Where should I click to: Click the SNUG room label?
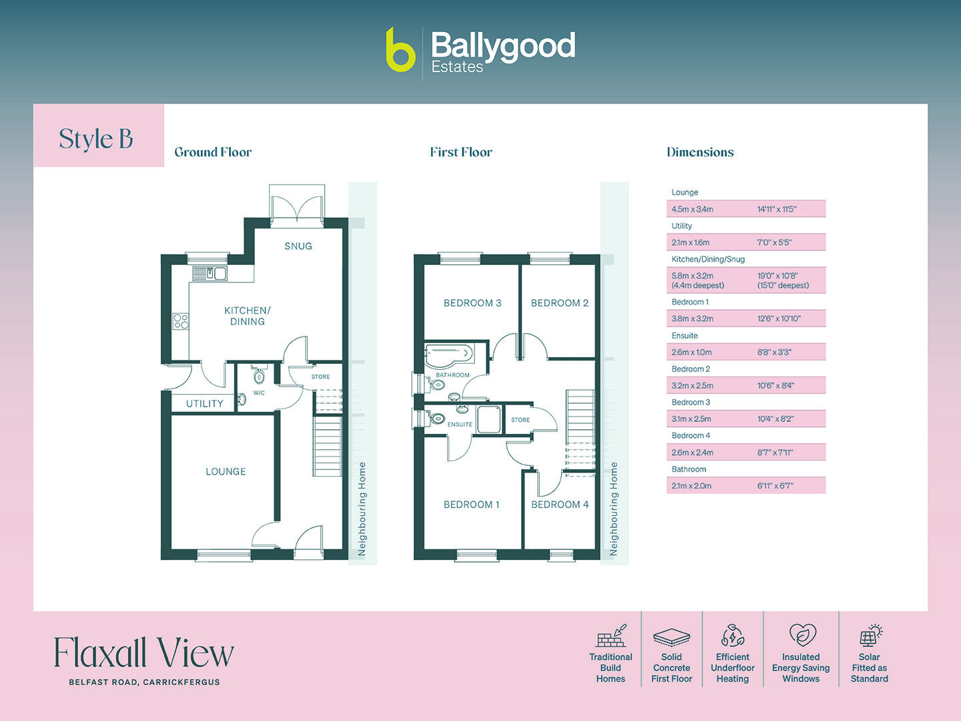click(x=298, y=246)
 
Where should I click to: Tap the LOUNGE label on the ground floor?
click(x=226, y=472)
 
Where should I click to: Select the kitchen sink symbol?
click(x=210, y=273)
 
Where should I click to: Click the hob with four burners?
click(x=181, y=322)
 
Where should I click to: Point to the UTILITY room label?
click(x=204, y=404)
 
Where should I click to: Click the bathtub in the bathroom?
click(x=449, y=355)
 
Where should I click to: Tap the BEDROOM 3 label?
click(x=472, y=303)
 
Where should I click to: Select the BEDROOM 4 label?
click(x=559, y=505)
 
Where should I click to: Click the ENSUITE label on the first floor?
click(x=460, y=425)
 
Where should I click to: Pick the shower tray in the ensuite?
click(x=489, y=419)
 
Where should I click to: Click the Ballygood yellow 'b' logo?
click(x=400, y=50)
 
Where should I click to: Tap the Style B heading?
click(x=96, y=139)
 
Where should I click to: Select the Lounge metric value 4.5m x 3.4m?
click(x=692, y=210)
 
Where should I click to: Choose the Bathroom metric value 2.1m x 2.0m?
click(x=691, y=486)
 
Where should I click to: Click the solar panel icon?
click(x=870, y=636)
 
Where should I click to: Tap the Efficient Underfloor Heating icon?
click(x=732, y=636)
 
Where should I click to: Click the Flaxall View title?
click(x=143, y=653)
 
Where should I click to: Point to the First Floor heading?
click(x=461, y=152)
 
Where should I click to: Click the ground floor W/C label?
click(x=259, y=393)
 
